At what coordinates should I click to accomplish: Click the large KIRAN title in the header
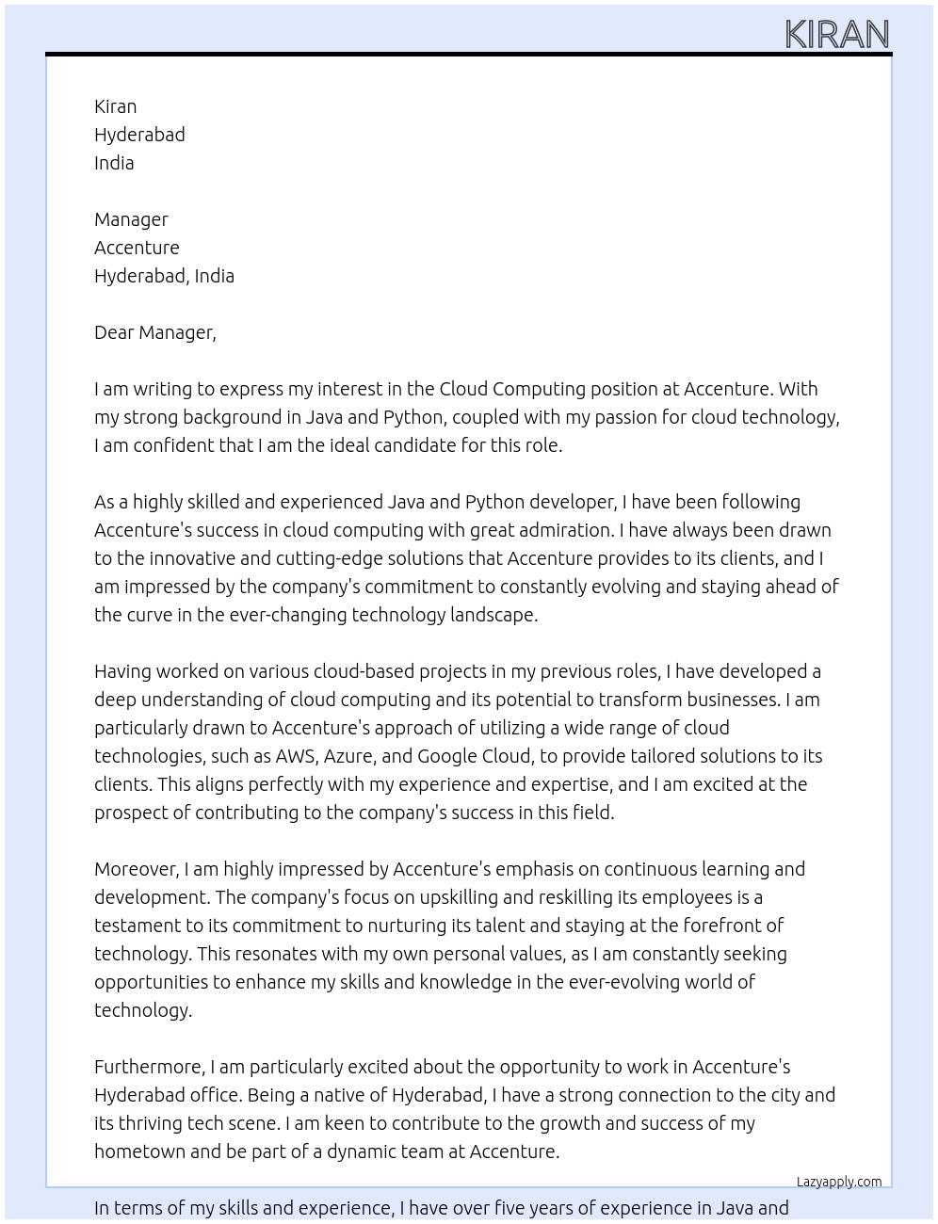[836, 35]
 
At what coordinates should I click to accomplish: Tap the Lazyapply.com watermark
[838, 1182]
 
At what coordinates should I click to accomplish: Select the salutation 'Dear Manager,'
[154, 332]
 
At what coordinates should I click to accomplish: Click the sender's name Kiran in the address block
[115, 106]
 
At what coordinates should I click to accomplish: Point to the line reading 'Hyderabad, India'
[164, 276]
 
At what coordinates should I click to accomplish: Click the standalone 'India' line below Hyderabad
[114, 163]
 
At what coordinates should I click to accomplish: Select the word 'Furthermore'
[149, 1067]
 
